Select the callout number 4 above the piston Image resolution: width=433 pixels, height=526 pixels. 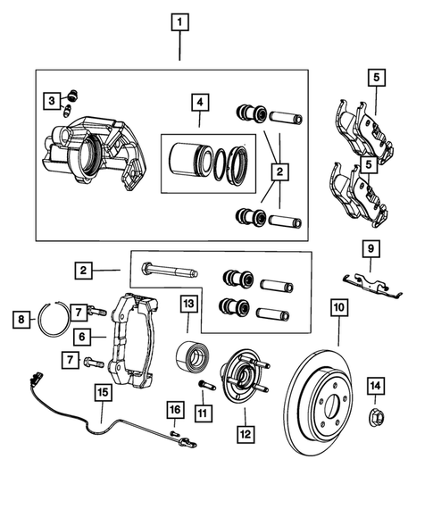point(199,103)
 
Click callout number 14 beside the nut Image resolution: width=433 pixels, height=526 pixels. point(376,386)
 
